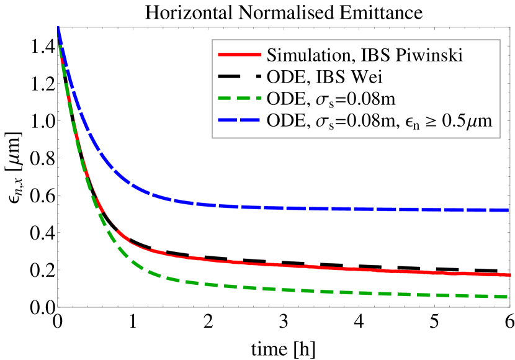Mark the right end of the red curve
pyautogui.click(x=509, y=274)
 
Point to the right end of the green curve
pyautogui.click(x=507, y=296)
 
